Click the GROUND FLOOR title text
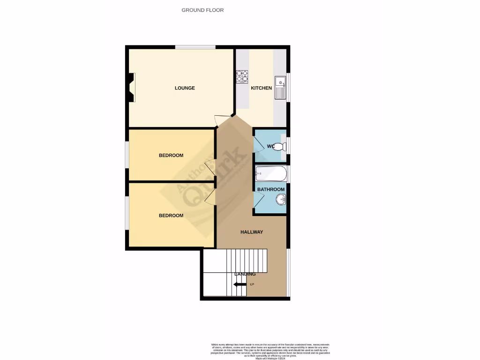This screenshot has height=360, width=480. pyautogui.click(x=202, y=10)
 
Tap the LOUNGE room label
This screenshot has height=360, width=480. pyautogui.click(x=185, y=88)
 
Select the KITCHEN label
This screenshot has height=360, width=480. pyautogui.click(x=261, y=88)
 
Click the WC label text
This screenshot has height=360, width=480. pyautogui.click(x=270, y=146)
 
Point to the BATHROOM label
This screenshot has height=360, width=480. pyautogui.click(x=270, y=189)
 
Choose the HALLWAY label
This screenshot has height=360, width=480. pyautogui.click(x=252, y=232)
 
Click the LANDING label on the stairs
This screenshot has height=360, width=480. pyautogui.click(x=245, y=274)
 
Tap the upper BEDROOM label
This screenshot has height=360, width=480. pyautogui.click(x=171, y=155)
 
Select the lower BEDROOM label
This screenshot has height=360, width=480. pyautogui.click(x=171, y=216)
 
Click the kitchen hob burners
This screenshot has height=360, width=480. pyautogui.click(x=242, y=76)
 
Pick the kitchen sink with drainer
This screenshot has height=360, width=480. pyautogui.click(x=280, y=87)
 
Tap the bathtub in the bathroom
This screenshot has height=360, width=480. pyautogui.click(x=270, y=174)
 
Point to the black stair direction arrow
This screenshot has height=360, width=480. pyautogui.click(x=240, y=285)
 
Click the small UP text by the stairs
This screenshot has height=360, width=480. pyautogui.click(x=252, y=285)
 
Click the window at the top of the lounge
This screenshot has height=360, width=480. pyautogui.click(x=195, y=47)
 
